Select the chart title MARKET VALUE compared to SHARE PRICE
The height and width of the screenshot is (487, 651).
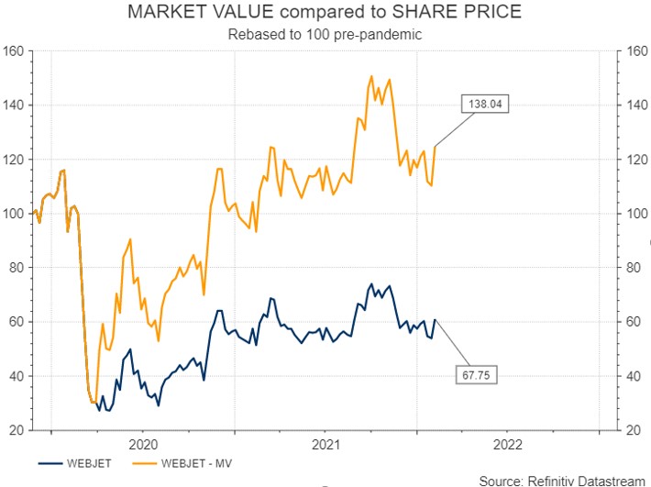[x=325, y=14]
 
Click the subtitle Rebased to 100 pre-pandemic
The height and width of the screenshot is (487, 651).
[x=325, y=35]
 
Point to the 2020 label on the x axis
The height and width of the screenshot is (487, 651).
[x=143, y=444]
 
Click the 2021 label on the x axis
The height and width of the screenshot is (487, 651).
[x=325, y=444]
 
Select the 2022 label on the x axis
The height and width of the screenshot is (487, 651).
[x=508, y=444]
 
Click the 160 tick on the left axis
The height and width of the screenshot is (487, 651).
[x=15, y=51]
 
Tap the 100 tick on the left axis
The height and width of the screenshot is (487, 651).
[x=15, y=214]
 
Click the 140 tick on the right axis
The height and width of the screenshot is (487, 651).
[x=635, y=105]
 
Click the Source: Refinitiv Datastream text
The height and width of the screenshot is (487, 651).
[x=562, y=480]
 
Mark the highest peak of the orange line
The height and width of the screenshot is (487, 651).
[x=371, y=76]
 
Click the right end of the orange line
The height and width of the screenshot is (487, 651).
[x=435, y=147]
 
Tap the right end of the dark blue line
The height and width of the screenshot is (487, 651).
[x=435, y=320]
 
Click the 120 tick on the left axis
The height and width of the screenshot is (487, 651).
[x=15, y=160]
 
